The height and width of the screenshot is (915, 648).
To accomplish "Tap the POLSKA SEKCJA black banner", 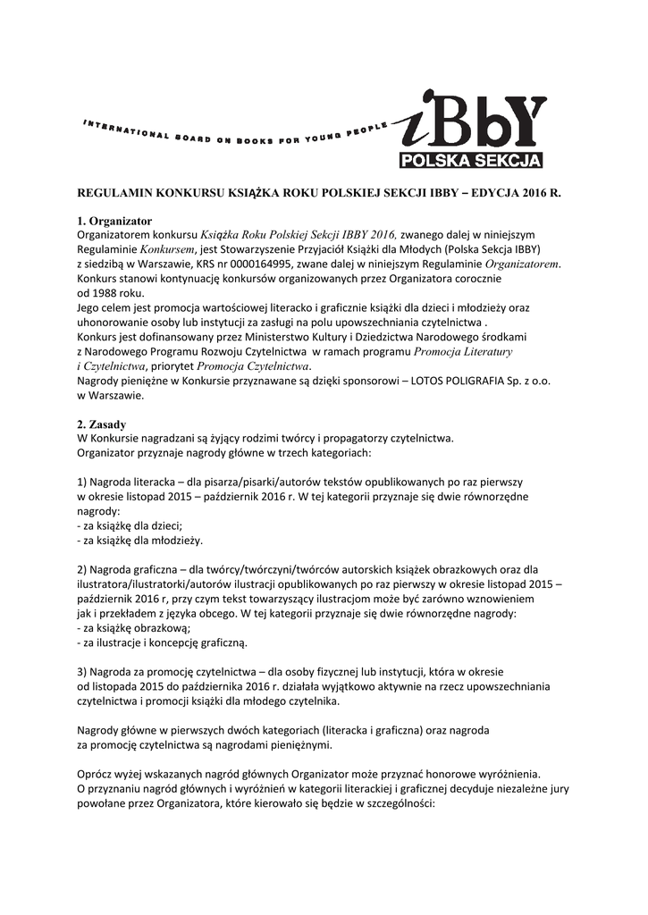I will coord(470,161).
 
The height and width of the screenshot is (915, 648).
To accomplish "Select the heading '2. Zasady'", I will coord(101,424).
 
